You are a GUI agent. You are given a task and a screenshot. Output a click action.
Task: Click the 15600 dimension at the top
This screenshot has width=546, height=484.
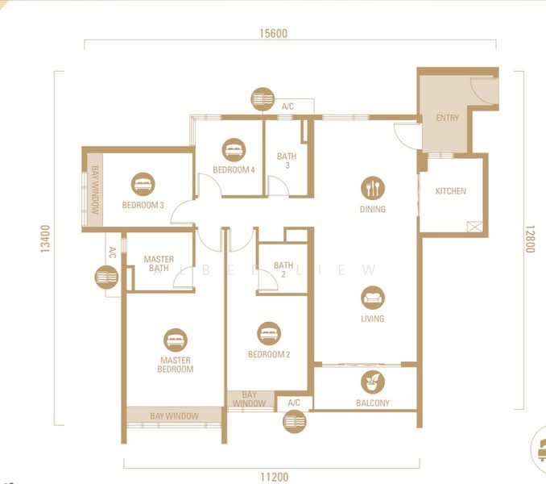274,34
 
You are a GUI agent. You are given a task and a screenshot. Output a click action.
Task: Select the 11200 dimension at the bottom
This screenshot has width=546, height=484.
274,477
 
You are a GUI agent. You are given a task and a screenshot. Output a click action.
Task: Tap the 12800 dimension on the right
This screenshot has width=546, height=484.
530,239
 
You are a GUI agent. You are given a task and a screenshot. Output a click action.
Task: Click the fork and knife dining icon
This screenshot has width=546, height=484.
372,188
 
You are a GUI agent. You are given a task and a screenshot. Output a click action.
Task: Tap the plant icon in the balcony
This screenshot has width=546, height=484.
373,382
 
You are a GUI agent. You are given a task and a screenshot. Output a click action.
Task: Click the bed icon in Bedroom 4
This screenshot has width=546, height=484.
234,148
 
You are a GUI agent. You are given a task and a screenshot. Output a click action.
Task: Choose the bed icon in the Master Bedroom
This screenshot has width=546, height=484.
176,339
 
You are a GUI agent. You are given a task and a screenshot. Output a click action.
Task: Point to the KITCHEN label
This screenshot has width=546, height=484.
450,191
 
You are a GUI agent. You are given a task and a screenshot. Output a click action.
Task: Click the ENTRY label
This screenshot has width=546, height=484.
447,118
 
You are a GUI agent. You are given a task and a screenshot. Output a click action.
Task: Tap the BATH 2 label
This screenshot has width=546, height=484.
283,269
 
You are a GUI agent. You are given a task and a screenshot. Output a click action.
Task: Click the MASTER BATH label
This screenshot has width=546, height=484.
159,264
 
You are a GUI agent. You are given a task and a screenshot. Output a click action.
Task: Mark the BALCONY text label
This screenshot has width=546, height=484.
373,403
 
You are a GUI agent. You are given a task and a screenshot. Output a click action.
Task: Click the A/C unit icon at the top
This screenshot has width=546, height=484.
263,99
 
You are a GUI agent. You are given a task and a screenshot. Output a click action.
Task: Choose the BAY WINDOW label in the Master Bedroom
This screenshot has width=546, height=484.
175,415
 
